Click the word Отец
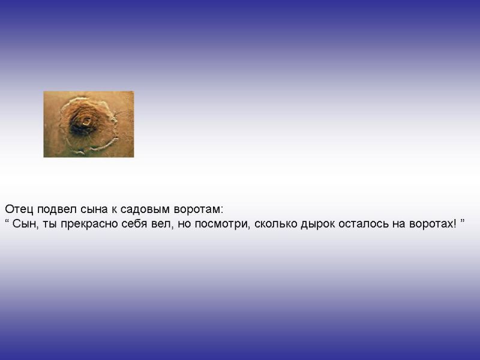[x=19, y=209]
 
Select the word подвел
[x=57, y=209]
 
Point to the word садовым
[x=145, y=210]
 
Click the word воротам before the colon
[x=197, y=210]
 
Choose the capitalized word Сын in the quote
[x=25, y=224]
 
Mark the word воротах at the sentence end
[x=430, y=224]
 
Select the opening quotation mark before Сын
[x=7, y=220]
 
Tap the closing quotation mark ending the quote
[x=462, y=220]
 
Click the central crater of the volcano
[x=86, y=122]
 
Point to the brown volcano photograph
[x=89, y=124]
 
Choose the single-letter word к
[x=114, y=210]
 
